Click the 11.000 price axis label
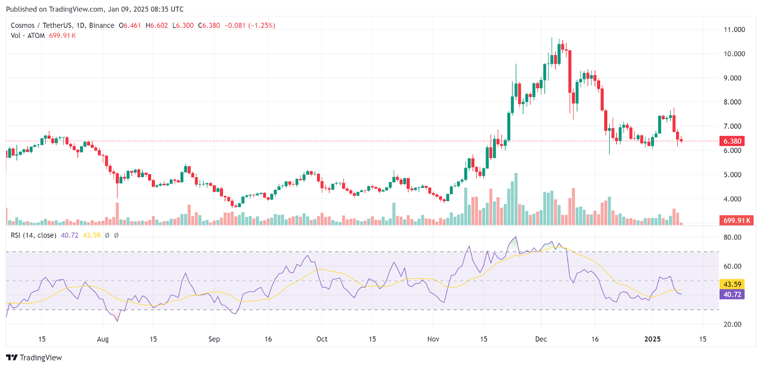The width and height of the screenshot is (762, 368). [734, 30]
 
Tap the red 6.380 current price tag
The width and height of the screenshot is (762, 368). [732, 141]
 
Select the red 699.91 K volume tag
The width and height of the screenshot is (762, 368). [736, 220]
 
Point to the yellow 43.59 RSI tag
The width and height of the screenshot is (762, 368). [732, 284]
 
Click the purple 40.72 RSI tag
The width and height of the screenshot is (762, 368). [732, 295]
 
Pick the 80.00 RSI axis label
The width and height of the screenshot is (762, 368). [732, 237]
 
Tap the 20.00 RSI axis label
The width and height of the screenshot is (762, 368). [732, 324]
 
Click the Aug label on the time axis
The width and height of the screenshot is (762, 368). [103, 339]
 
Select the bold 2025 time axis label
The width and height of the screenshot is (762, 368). [652, 339]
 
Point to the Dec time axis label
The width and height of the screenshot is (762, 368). [541, 339]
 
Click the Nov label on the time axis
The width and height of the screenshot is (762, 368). [433, 339]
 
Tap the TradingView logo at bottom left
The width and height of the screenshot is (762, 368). [34, 358]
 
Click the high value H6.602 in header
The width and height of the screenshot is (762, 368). [157, 25]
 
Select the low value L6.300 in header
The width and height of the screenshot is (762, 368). [183, 25]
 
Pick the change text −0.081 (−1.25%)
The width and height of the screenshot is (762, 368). [250, 25]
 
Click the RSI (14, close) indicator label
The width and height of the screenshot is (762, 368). [33, 235]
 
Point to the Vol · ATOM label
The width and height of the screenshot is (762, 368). [28, 36]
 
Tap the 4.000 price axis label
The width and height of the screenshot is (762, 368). [732, 199]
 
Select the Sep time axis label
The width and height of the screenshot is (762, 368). [214, 339]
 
